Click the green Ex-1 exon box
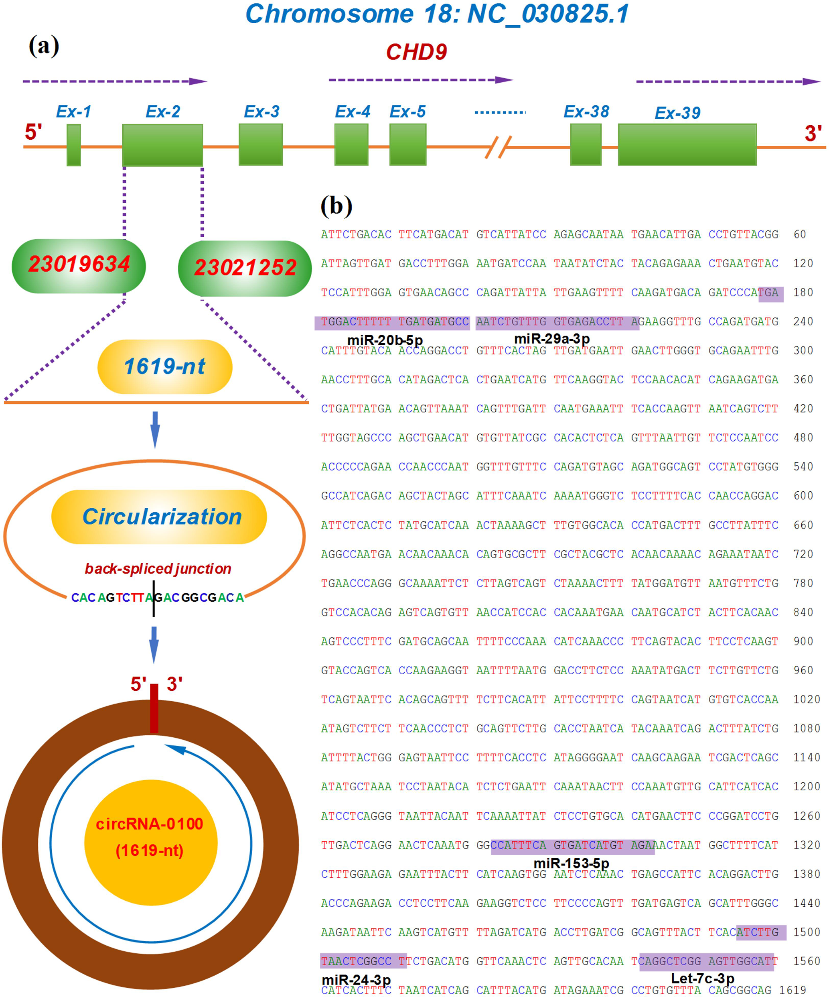tap(73, 145)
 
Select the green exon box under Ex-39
tap(687, 145)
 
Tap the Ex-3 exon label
tap(261, 112)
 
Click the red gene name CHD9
tap(416, 52)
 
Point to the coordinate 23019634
tap(79, 265)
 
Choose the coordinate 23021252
tap(245, 268)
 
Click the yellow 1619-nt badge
tap(165, 366)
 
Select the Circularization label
tap(161, 517)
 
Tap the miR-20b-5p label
tap(385, 340)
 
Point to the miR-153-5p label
tap(572, 863)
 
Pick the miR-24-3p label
tap(356, 980)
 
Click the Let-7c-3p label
tap(702, 979)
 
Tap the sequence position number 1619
tap(793, 990)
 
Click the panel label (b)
tap(336, 206)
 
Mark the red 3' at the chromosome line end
tap(813, 133)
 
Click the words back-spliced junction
tap(158, 568)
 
